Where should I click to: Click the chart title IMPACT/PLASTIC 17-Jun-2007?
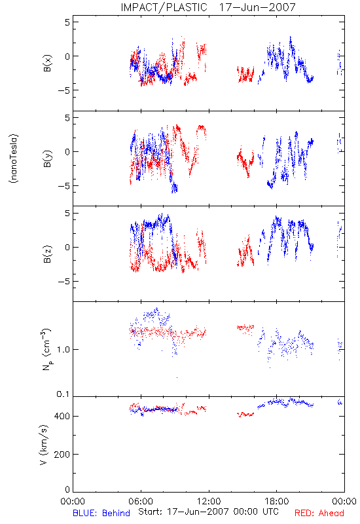(x=208, y=7)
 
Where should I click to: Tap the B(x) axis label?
(x=47, y=63)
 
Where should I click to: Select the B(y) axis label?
(x=47, y=159)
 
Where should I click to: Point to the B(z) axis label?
(x=47, y=254)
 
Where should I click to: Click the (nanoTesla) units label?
(x=14, y=159)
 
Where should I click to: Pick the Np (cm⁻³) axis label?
(x=46, y=349)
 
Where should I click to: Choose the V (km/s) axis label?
(x=44, y=445)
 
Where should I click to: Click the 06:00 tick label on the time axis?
(x=141, y=501)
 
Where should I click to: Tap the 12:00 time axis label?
(x=209, y=501)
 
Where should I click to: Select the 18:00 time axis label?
(x=276, y=501)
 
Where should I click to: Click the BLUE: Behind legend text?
(x=101, y=513)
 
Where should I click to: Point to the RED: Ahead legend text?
(x=319, y=513)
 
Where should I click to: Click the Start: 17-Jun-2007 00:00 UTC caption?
(x=208, y=512)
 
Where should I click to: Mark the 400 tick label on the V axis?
(x=62, y=416)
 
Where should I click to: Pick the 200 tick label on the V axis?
(x=62, y=454)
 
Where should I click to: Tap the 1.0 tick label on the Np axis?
(x=63, y=350)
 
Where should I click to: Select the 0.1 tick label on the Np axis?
(x=63, y=394)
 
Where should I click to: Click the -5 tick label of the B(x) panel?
(x=63, y=90)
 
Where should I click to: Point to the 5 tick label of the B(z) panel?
(x=67, y=213)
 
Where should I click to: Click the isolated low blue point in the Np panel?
(x=177, y=378)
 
